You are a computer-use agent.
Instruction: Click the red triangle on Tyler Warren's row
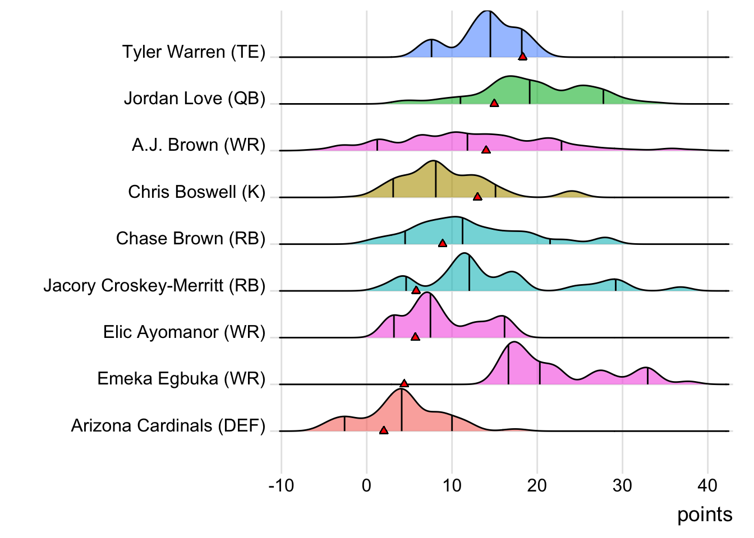522,56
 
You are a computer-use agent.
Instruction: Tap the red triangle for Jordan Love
494,103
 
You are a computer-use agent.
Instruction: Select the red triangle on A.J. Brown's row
486,150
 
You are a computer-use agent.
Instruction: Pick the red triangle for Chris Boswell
477,197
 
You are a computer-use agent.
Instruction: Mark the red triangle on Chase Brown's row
443,243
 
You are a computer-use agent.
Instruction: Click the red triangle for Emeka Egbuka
404,383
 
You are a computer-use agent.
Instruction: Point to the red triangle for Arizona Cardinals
384,430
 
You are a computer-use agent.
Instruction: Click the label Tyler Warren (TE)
194,52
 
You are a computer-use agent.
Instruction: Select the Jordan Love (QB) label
194,99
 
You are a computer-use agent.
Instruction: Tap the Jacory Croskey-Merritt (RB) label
154,286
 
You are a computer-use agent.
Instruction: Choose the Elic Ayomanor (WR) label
184,332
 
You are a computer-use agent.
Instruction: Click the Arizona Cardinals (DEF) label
168,426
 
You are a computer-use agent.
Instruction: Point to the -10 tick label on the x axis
281,485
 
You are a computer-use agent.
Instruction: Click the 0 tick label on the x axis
366,485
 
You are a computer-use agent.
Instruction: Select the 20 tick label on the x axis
537,485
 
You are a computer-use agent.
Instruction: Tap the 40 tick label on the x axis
707,485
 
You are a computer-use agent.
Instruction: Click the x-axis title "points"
705,514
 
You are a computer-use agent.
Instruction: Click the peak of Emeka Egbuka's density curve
514,342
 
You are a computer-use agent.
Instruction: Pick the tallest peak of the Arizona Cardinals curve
401,389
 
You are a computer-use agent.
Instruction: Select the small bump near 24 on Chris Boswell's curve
572,192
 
